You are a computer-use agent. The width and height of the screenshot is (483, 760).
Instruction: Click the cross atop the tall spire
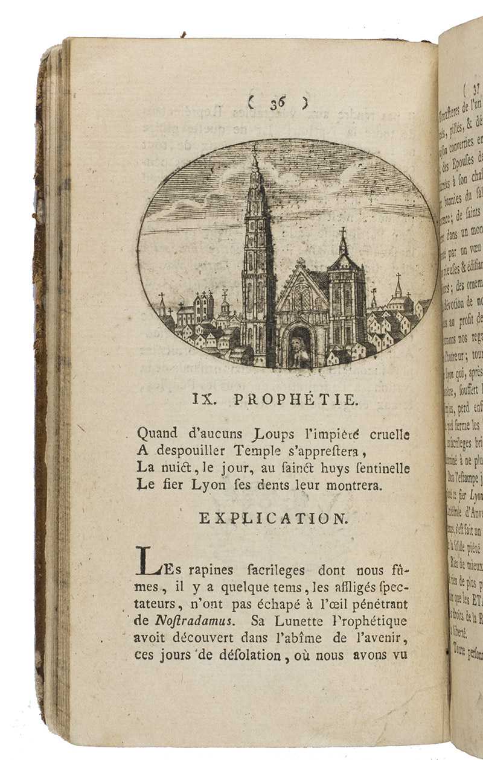pos(255,147)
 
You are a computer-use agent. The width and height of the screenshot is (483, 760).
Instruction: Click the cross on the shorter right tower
pos(342,233)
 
